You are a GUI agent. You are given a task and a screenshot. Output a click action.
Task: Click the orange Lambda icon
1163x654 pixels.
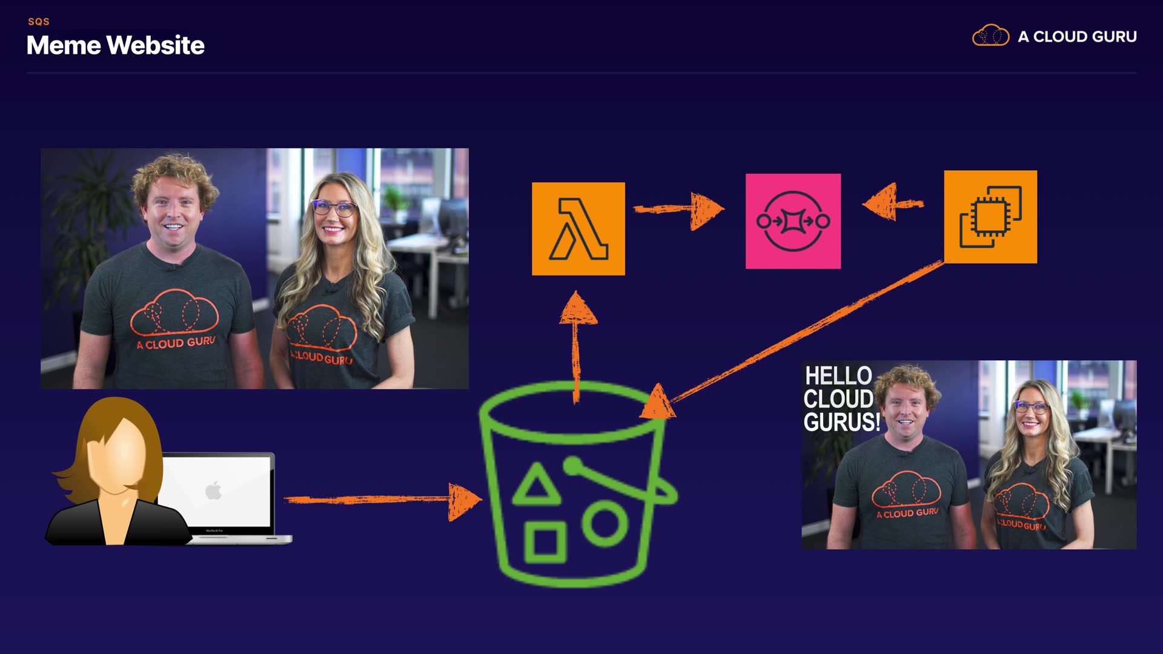(x=578, y=228)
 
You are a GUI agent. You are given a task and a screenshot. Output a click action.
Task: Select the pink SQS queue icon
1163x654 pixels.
(x=793, y=221)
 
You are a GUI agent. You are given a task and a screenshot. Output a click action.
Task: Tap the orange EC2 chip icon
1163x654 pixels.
(x=990, y=217)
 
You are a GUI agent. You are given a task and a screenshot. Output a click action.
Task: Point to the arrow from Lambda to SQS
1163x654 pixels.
(x=678, y=210)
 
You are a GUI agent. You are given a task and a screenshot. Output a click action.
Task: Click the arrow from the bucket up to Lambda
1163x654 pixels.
(x=577, y=345)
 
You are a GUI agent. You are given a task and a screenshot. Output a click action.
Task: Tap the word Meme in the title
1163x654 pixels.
(x=64, y=45)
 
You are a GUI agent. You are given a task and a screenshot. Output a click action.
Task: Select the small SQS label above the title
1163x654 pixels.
(x=39, y=22)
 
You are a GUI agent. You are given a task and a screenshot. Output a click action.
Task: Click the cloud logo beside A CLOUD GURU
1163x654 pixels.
(x=990, y=36)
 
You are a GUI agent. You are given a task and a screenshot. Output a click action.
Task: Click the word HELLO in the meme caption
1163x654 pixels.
(x=838, y=375)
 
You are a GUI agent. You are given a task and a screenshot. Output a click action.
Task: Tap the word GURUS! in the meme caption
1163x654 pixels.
(x=841, y=422)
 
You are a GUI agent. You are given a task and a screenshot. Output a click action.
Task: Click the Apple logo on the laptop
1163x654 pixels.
(x=213, y=490)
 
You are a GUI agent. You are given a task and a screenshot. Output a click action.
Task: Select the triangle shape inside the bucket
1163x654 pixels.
(x=535, y=486)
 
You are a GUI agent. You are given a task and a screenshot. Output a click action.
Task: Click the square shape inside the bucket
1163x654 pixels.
(x=545, y=541)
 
